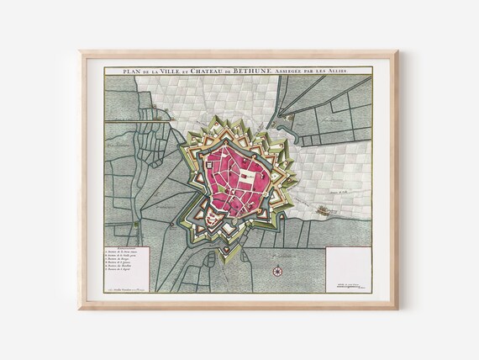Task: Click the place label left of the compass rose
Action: (244, 264)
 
